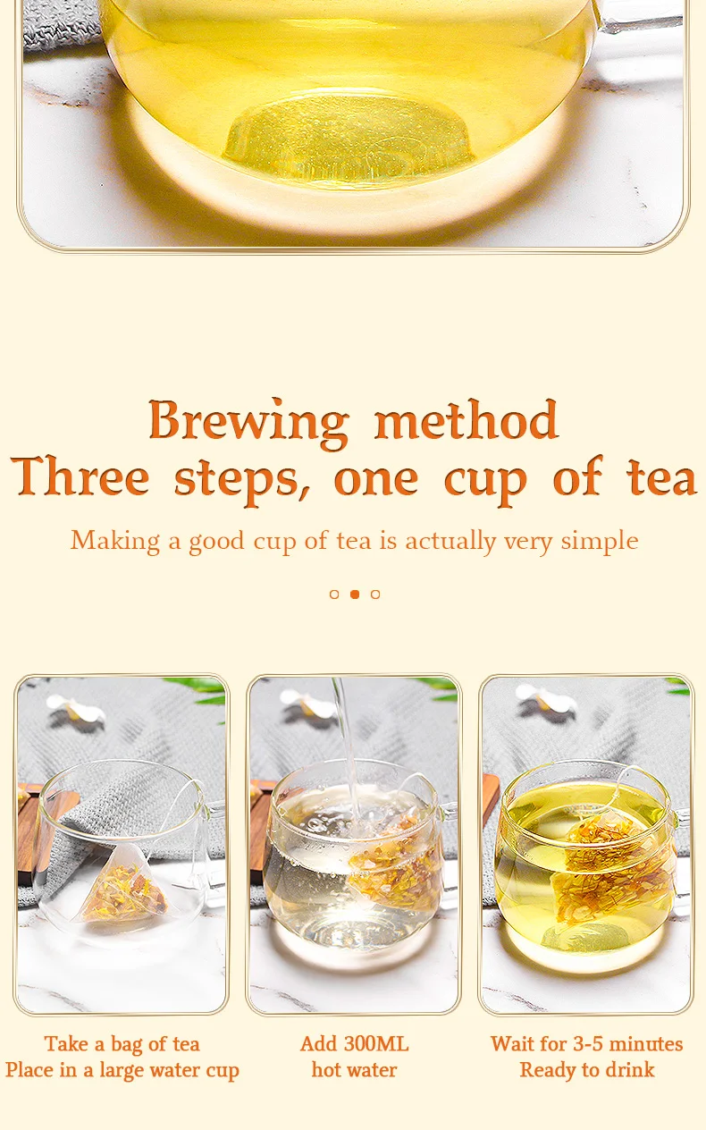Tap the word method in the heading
pyautogui.click(x=466, y=419)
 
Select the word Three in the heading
pyautogui.click(x=80, y=476)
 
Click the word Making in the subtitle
pyautogui.click(x=115, y=542)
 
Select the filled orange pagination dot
pyautogui.click(x=355, y=595)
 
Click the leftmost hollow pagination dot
pyautogui.click(x=334, y=595)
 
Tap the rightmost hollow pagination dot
pyautogui.click(x=375, y=595)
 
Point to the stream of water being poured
pyautogui.click(x=348, y=746)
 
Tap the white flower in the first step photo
pyautogui.click(x=76, y=709)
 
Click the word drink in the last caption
pyautogui.click(x=630, y=1069)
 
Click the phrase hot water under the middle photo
pyautogui.click(x=354, y=1069)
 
